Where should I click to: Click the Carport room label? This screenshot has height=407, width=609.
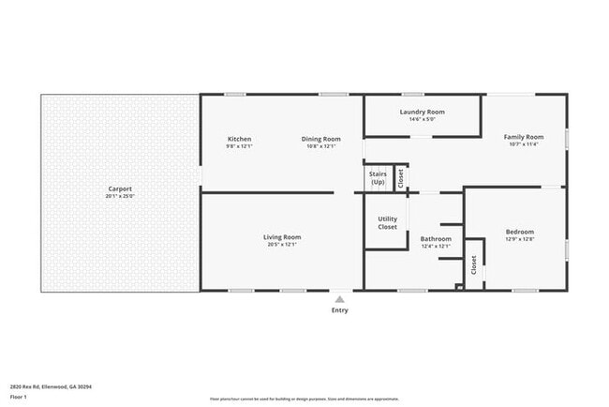click(120, 188)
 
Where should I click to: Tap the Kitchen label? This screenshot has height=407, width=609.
click(239, 139)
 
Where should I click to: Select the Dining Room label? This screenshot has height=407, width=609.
click(320, 139)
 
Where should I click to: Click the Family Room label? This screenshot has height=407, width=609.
click(523, 137)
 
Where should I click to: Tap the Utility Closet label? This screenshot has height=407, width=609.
click(387, 223)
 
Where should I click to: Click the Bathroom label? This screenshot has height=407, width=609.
click(436, 239)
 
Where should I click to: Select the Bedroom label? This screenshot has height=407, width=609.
click(519, 232)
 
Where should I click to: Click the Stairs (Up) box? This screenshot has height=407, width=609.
click(378, 177)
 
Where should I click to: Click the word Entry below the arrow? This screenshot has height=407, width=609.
click(339, 309)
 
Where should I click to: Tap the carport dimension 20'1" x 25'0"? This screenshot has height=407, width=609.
click(120, 196)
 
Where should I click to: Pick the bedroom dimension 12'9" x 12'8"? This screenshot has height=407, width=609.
click(519, 239)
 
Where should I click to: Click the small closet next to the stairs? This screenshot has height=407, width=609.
click(400, 177)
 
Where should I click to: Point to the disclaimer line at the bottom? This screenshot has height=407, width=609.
click(304, 399)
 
